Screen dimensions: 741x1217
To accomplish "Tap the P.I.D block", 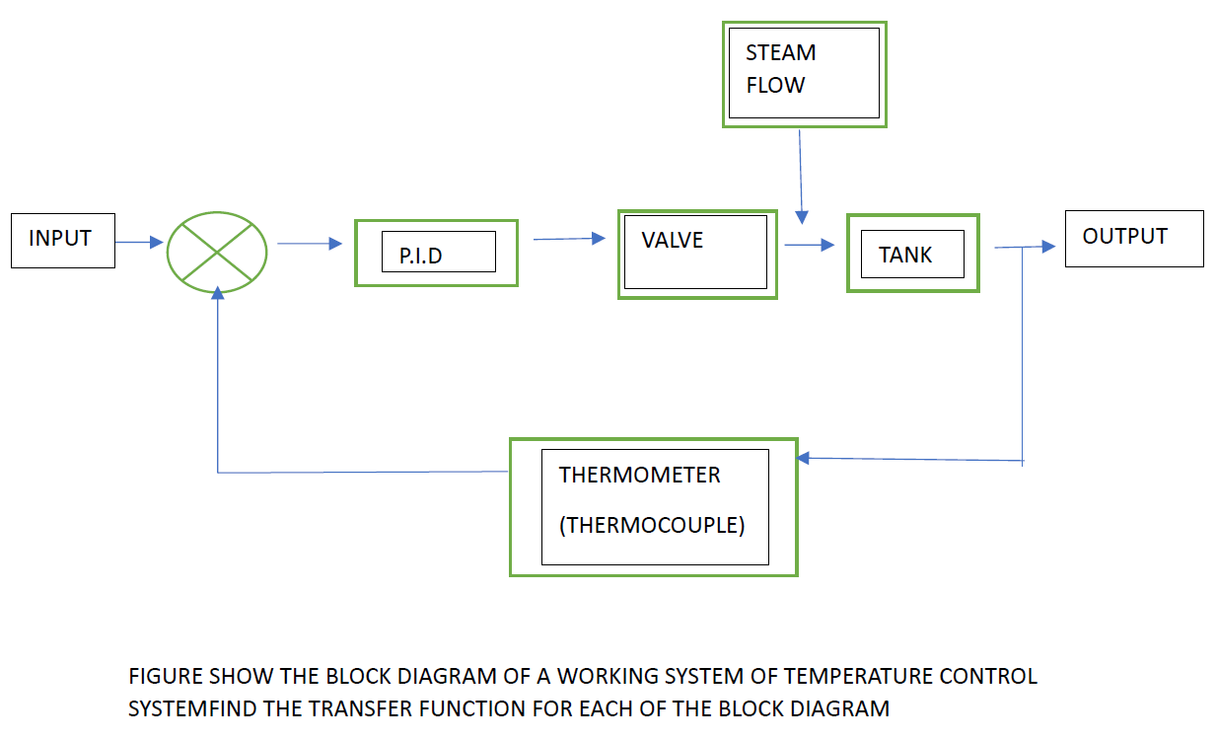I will coord(436,253).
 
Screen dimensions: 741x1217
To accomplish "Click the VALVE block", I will coord(696,253).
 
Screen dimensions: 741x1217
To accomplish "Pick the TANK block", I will coord(912,254).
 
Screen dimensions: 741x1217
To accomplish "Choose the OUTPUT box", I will coord(1133,238).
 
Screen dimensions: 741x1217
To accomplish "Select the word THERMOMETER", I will coord(639,475).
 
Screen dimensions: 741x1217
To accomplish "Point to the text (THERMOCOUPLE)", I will coord(651,525).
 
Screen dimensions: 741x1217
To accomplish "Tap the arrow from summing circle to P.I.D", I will coord(310,244).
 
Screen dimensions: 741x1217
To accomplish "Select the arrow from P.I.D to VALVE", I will coord(569,238).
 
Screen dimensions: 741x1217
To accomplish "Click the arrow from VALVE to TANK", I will coord(811,246).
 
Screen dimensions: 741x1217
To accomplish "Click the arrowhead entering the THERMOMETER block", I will coord(804,458).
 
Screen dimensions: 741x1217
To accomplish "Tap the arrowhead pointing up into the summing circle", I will coord(216,301).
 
